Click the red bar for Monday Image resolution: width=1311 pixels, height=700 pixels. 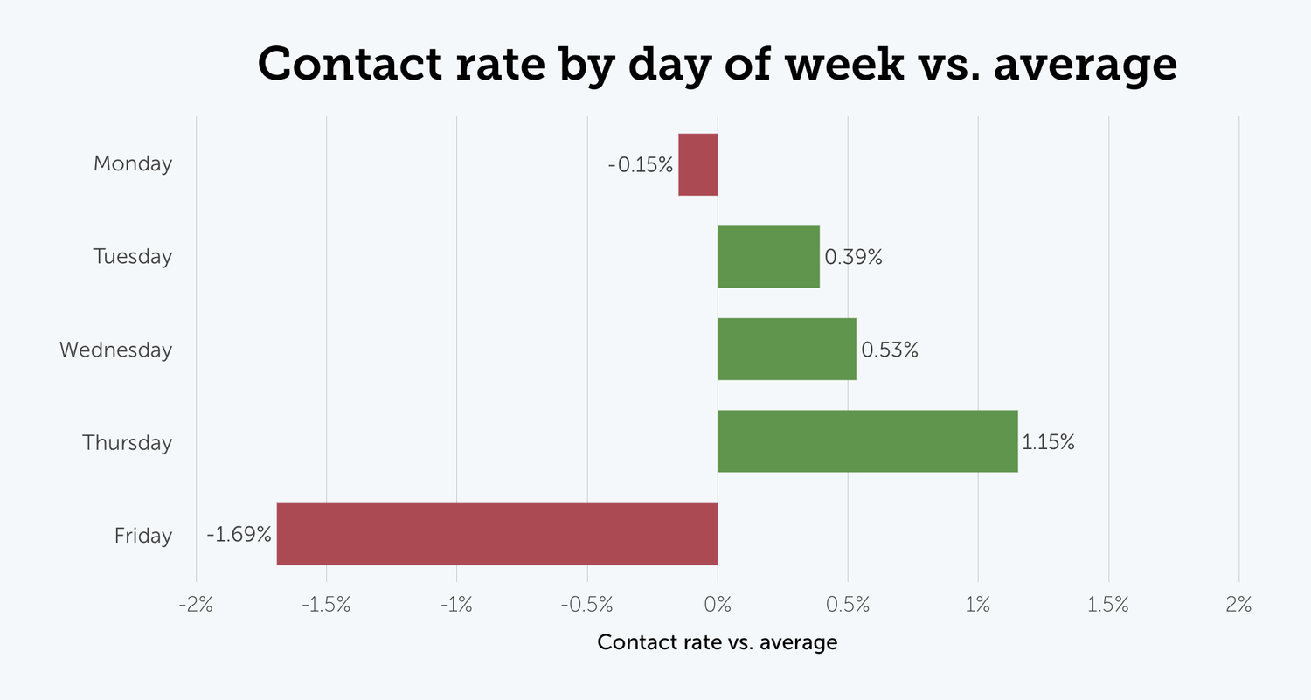coord(697,164)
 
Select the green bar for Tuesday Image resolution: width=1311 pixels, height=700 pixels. coord(768,257)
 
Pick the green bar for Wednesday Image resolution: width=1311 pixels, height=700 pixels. coord(787,350)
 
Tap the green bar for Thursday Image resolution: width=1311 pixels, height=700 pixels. coord(867,441)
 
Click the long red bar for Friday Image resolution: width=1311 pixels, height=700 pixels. coord(496,534)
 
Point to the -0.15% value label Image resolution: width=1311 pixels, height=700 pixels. coord(642,164)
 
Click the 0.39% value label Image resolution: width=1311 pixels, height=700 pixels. coord(853,258)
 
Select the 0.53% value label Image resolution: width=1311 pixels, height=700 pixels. coord(890,350)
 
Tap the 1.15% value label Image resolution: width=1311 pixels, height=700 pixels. coord(1048,442)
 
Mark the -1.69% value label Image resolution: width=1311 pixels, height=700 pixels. coord(239,535)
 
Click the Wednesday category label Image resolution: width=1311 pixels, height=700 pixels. coord(115,350)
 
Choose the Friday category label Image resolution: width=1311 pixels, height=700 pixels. coord(143,536)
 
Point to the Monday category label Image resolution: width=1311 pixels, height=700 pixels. coord(133,164)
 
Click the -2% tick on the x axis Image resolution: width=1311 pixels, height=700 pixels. coord(196,605)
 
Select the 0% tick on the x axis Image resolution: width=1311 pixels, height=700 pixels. coord(718,605)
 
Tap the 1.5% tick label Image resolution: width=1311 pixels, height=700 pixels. coord(1108,605)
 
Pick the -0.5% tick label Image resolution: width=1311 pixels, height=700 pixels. coord(586,605)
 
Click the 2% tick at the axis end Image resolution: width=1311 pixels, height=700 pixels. coord(1238,605)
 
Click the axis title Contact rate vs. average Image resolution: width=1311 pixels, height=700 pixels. coord(717,643)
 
